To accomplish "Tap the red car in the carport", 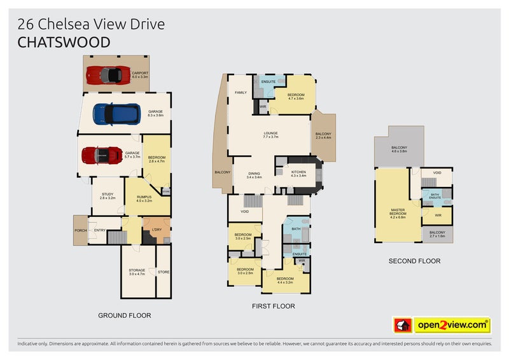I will tap(106, 74).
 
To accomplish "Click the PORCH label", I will tap(81, 230).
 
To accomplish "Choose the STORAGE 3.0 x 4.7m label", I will tap(137, 272).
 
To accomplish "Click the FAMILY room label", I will tap(241, 93).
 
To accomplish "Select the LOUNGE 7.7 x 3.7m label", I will tap(271, 135).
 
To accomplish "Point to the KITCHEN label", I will tap(298, 173).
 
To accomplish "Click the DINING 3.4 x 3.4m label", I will tap(254, 175).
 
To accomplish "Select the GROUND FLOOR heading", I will tap(124, 315).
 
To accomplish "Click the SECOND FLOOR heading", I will tap(414, 261).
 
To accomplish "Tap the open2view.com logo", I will tap(443, 325).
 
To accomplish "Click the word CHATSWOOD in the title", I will tap(64, 43).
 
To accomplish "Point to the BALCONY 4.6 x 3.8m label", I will tap(399, 149).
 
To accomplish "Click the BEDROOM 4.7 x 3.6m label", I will tap(296, 97).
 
